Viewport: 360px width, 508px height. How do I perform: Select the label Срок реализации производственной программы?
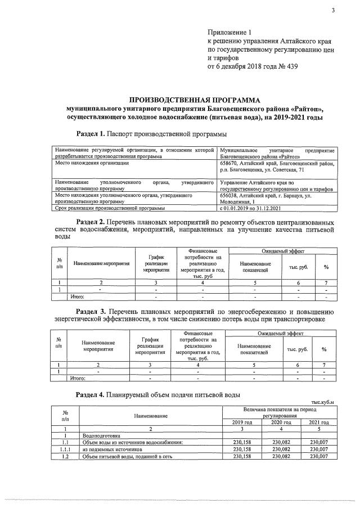(110, 208)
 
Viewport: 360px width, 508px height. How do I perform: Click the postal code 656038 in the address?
(231, 195)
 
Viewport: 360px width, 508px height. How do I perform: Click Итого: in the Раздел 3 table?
(78, 379)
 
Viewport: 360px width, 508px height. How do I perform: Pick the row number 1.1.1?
(66, 449)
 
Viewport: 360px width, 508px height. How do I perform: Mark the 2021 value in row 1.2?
(319, 456)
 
